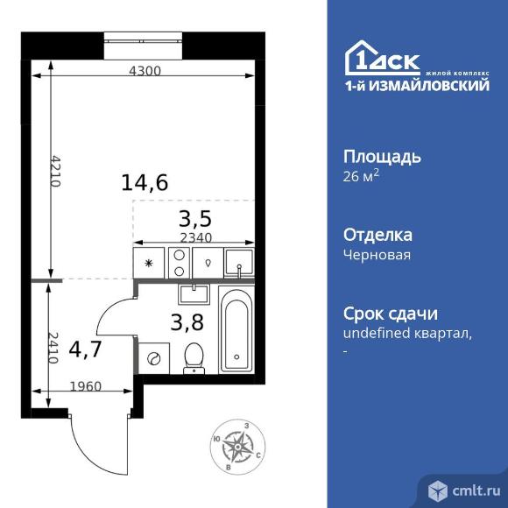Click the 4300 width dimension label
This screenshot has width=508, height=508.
145,71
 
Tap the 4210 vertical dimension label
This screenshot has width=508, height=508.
56,171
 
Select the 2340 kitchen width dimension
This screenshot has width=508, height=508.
196,238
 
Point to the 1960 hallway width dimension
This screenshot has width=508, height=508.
86,386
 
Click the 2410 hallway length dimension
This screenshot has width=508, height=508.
53,348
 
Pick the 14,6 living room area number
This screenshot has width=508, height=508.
145,182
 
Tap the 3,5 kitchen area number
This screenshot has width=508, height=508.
195,219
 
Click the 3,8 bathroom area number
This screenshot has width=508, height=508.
187,322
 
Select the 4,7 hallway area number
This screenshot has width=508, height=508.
86,349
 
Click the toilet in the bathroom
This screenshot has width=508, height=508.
194,358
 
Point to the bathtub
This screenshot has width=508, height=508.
236,330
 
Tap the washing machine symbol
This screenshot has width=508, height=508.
153,358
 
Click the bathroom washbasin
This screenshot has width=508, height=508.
194,294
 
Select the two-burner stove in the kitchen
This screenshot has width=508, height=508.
179,263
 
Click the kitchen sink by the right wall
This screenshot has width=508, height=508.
239,263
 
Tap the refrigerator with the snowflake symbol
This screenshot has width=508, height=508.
149,263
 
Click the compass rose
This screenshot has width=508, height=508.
237,447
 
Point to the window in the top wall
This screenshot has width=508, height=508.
143,46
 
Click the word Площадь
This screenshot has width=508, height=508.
382,158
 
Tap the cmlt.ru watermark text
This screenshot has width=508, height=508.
476,490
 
